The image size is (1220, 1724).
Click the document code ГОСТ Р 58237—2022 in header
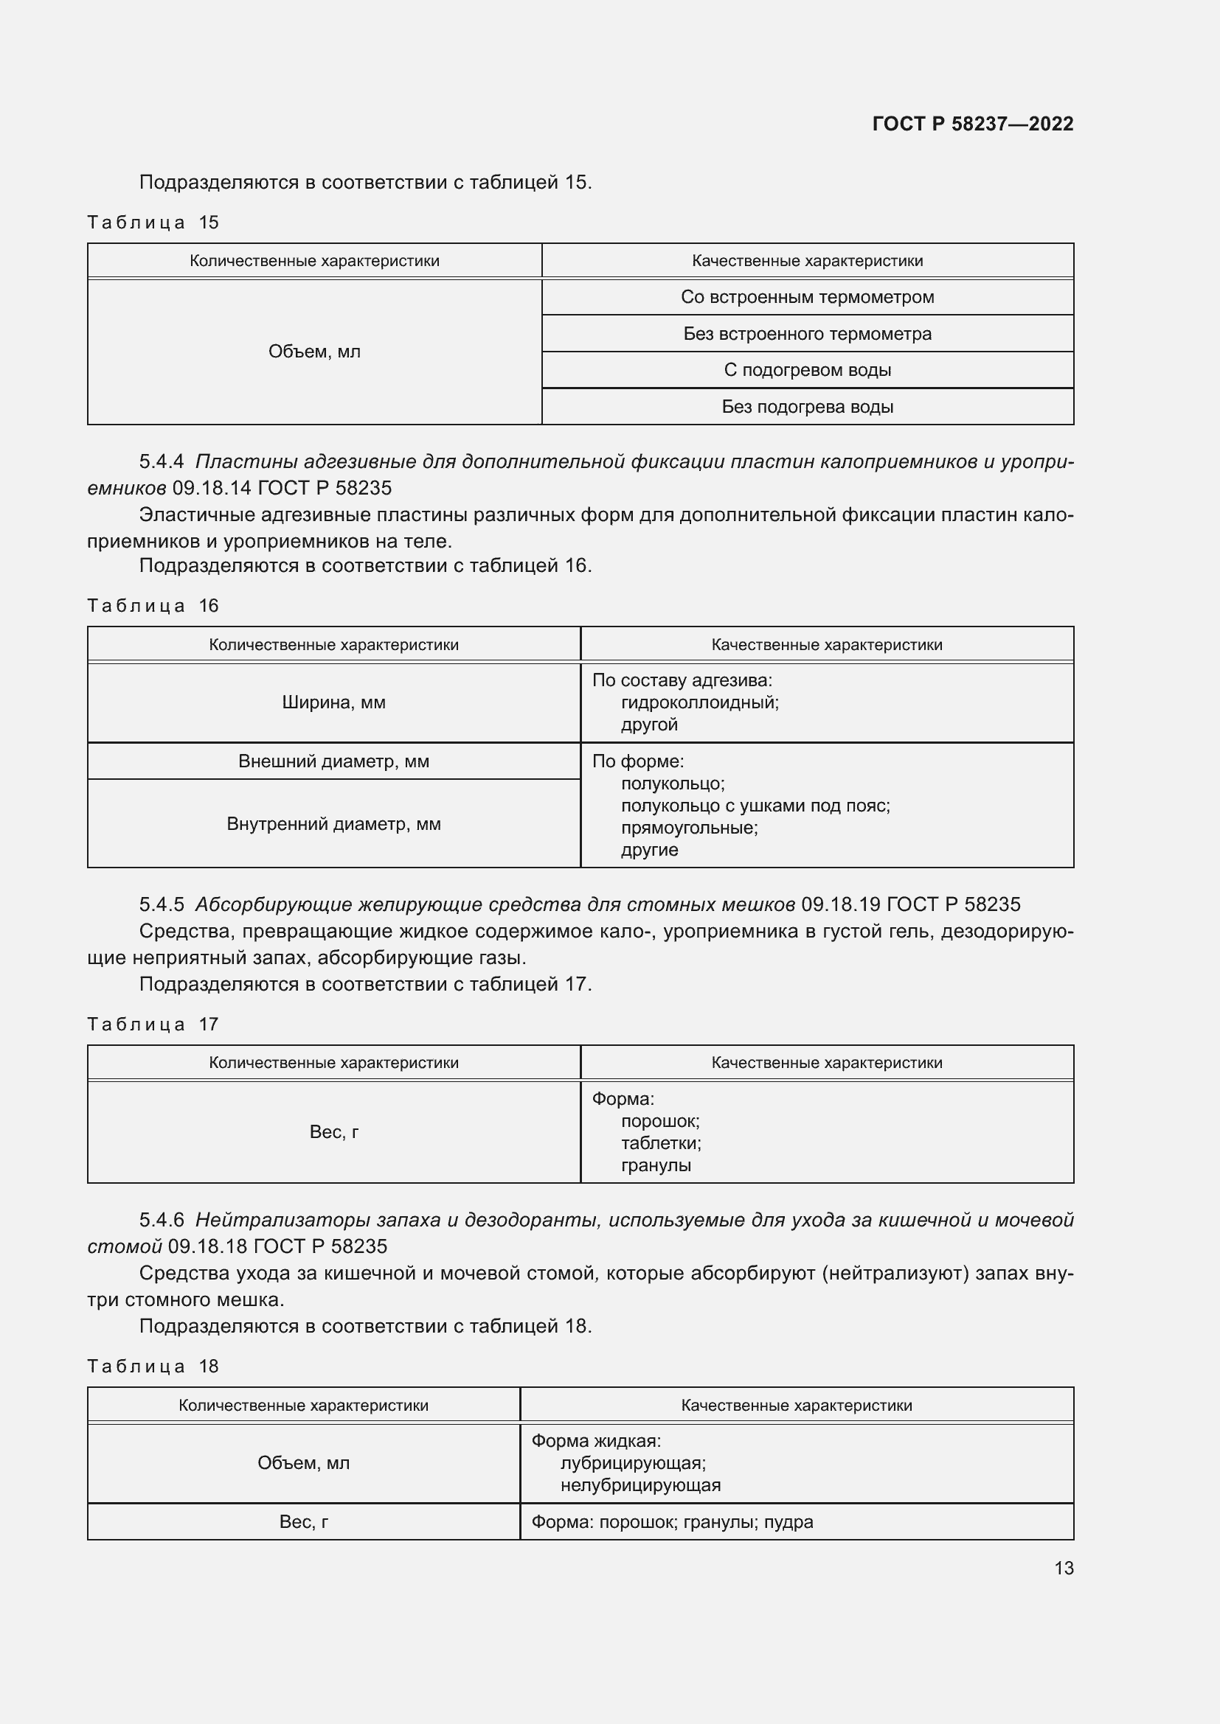click(x=972, y=124)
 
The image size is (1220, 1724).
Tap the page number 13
click(x=1063, y=1568)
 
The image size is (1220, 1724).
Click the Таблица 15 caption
click(x=153, y=223)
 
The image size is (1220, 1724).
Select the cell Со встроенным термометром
click(x=807, y=297)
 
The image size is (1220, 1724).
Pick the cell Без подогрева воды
click(x=807, y=407)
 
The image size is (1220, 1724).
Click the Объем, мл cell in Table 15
click(x=314, y=352)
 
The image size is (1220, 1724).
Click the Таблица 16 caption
click(x=153, y=606)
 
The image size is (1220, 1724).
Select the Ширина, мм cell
click(x=333, y=703)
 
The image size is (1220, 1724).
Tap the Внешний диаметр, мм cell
click(x=333, y=761)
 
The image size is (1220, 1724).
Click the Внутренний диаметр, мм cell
click(x=333, y=824)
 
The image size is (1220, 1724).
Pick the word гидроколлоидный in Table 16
click(x=699, y=703)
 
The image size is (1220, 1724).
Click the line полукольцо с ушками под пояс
click(x=755, y=806)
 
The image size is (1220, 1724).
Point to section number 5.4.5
click(x=162, y=905)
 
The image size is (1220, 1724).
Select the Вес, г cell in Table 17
click(x=333, y=1131)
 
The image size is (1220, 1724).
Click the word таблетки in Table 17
click(x=660, y=1143)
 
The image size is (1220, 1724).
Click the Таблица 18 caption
click(x=153, y=1366)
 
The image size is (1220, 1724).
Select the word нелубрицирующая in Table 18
click(x=640, y=1485)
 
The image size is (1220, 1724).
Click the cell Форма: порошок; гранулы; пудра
click(x=673, y=1522)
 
